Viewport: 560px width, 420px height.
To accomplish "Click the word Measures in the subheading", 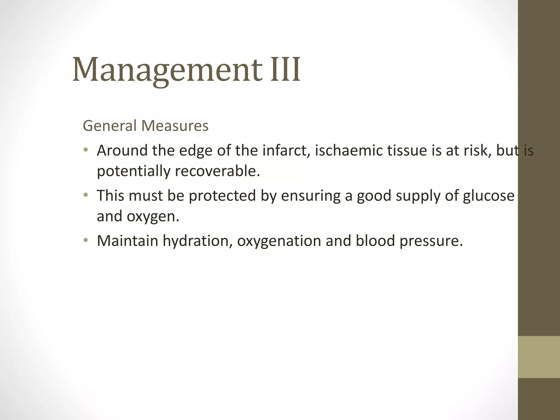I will [x=175, y=126].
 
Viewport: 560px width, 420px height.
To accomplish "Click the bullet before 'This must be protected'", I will [x=86, y=195].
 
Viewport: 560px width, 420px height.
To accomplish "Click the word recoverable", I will [x=217, y=171].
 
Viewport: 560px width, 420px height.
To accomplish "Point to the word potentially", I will [x=133, y=172].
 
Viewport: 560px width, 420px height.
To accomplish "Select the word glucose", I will [x=488, y=196].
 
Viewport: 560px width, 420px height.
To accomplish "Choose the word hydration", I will [x=197, y=241].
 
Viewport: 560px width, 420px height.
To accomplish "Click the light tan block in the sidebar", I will [x=539, y=357].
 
